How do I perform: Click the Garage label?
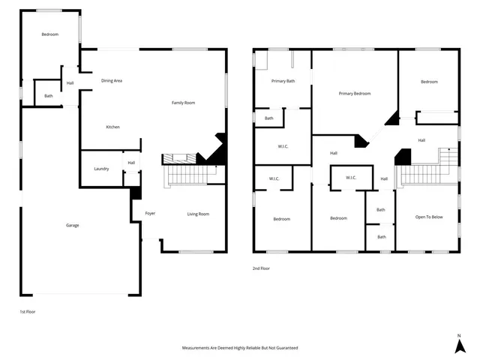pyautogui.click(x=72, y=225)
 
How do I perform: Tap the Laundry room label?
pyautogui.click(x=101, y=169)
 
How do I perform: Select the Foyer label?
pyautogui.click(x=150, y=214)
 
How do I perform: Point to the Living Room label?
pyautogui.click(x=198, y=214)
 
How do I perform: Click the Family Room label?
pyautogui.click(x=183, y=103)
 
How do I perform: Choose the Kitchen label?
pyautogui.click(x=112, y=127)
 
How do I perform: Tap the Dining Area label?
pyautogui.click(x=112, y=80)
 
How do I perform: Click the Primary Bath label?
pyautogui.click(x=283, y=80)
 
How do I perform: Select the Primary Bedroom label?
pyautogui.click(x=355, y=94)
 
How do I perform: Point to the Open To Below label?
pyautogui.click(x=429, y=217)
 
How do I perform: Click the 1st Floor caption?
pyautogui.click(x=27, y=310)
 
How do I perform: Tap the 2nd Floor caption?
pyautogui.click(x=261, y=268)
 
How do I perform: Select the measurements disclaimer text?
pyautogui.click(x=240, y=348)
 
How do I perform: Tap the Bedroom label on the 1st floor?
pyautogui.click(x=49, y=34)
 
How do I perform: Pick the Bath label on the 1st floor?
pyautogui.click(x=48, y=96)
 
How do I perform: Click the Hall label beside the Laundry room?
pyautogui.click(x=131, y=163)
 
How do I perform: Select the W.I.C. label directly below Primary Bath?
pyautogui.click(x=283, y=146)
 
